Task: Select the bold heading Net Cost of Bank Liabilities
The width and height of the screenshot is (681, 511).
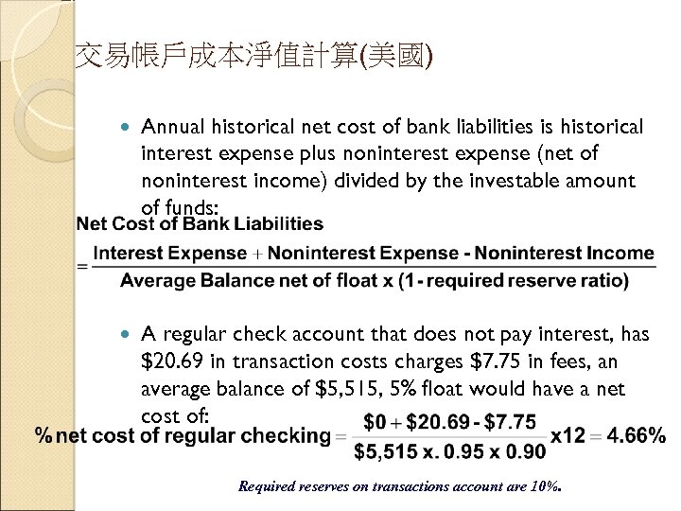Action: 200,224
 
